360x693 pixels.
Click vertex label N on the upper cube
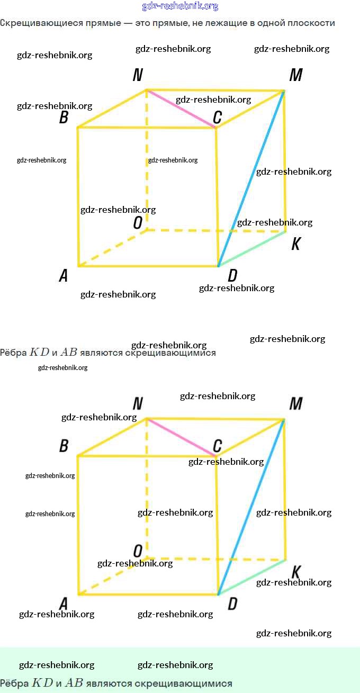click(x=138, y=76)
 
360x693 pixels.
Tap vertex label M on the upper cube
click(x=295, y=76)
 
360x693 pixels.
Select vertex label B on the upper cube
click(x=64, y=117)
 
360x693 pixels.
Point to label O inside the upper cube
click(x=138, y=223)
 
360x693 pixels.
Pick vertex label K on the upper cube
click(x=296, y=244)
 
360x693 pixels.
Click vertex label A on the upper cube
click(x=64, y=276)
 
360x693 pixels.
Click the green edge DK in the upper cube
click(x=252, y=249)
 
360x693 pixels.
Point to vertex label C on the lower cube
click(x=217, y=446)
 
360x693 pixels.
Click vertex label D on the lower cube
click(x=232, y=604)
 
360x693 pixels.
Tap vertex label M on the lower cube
click(x=295, y=404)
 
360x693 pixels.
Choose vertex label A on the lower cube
click(x=64, y=604)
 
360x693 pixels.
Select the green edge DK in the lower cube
click(x=252, y=577)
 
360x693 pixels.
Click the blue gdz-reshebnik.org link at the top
click(x=180, y=6)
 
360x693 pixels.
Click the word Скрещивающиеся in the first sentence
click(x=34, y=23)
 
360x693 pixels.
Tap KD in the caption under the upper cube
click(x=39, y=352)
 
